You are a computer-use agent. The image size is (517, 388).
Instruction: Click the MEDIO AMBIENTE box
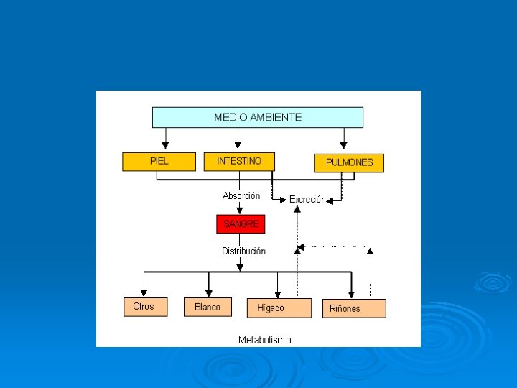[x=257, y=117]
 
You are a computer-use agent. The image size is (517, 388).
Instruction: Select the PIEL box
[x=159, y=162]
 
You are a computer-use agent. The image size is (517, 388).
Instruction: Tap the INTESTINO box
[x=239, y=162]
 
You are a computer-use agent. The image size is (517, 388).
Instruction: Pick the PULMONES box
[x=349, y=163]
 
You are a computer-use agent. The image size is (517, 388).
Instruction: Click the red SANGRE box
[x=241, y=224]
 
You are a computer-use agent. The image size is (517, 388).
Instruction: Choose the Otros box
[x=144, y=307]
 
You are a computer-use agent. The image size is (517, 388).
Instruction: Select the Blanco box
[x=208, y=308]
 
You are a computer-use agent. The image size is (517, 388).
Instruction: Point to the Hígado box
[x=279, y=308]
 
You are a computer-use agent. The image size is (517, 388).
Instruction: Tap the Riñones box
[x=353, y=309]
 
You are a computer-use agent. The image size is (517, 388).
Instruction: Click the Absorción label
[x=241, y=196]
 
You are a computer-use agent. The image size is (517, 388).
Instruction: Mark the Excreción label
[x=307, y=200]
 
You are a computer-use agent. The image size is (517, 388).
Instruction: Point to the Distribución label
[x=243, y=251]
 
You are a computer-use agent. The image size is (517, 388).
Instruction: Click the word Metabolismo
[x=265, y=340]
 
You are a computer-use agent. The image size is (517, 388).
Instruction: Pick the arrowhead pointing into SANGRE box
[x=240, y=211]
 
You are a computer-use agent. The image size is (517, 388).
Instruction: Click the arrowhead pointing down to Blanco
[x=209, y=293]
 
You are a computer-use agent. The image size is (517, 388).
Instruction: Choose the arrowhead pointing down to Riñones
[x=351, y=294]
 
